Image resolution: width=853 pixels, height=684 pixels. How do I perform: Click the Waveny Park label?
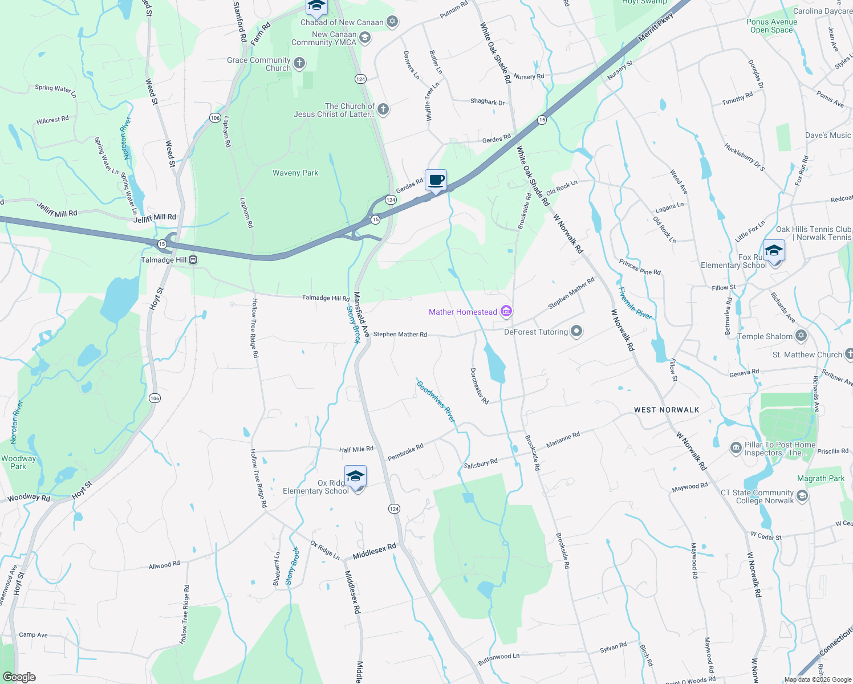(x=295, y=173)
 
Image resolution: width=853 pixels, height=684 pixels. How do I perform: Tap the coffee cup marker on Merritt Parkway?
(x=436, y=181)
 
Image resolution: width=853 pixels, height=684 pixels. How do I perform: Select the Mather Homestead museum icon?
(x=506, y=311)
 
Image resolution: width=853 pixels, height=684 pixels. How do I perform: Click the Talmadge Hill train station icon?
(x=193, y=260)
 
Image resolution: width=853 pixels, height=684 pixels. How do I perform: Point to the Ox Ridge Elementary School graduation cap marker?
(x=355, y=477)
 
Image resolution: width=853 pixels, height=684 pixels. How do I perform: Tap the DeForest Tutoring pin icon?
(x=576, y=331)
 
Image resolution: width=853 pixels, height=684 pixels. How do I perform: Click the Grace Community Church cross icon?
(x=299, y=63)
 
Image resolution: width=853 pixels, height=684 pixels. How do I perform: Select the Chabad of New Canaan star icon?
(x=392, y=22)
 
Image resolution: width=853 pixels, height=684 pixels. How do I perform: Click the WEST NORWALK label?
(x=667, y=410)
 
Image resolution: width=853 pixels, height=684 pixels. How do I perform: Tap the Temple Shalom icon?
(x=801, y=336)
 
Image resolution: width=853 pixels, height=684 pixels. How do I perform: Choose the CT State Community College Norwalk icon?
(x=802, y=496)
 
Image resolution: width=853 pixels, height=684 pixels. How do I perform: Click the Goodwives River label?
(x=436, y=401)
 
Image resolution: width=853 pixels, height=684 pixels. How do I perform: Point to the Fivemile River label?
(x=635, y=303)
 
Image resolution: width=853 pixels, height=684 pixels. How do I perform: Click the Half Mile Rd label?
(x=356, y=449)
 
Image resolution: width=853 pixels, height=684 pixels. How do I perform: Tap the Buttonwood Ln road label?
(x=499, y=658)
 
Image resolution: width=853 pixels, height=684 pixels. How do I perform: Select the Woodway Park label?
(x=18, y=462)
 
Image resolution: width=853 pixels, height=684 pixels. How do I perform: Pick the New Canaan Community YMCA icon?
(x=365, y=38)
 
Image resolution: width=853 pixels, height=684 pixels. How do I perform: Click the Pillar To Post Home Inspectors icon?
(x=736, y=448)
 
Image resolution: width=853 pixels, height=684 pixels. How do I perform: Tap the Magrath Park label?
(x=820, y=478)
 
